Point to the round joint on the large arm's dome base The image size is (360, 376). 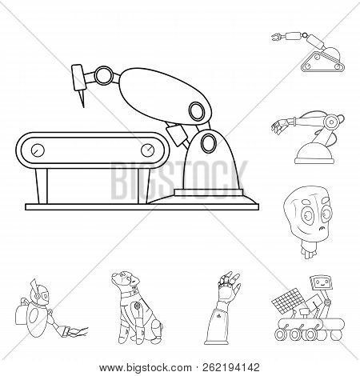(x=209, y=143)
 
